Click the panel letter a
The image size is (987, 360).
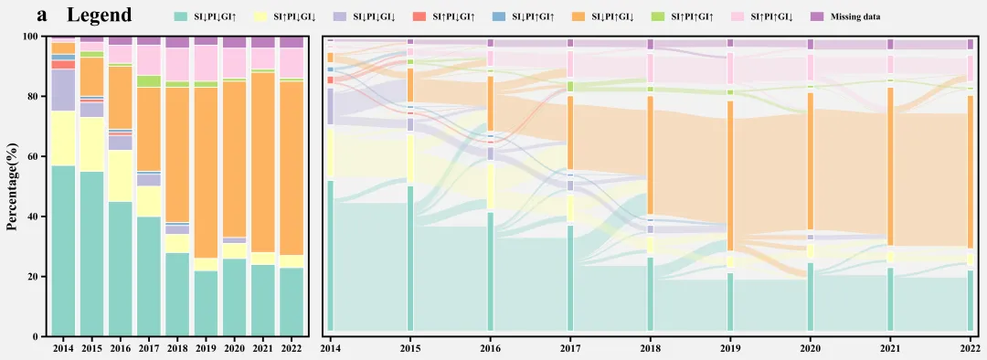[43, 16]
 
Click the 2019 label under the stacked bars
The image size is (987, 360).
[206, 348]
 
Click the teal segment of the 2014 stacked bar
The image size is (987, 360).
[64, 251]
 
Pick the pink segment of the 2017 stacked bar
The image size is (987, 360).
[149, 60]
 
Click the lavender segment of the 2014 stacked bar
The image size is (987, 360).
[64, 90]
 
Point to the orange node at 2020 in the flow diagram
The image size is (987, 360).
[811, 162]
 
